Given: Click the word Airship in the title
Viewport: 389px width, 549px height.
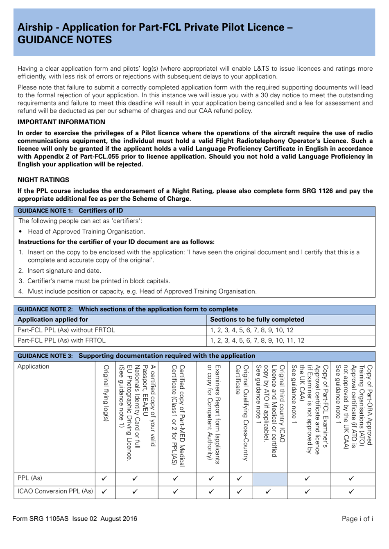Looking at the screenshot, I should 35,27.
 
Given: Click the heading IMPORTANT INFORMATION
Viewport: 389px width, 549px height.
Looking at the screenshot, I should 61,122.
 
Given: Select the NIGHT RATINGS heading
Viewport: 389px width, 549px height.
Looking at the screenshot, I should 43,180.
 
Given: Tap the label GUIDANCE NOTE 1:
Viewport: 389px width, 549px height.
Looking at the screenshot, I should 45,211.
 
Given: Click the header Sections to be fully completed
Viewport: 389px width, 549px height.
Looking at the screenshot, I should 257,320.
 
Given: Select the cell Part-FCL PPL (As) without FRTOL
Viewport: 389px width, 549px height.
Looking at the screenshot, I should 66,330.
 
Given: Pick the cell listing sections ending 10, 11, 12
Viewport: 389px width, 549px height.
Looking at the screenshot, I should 257,341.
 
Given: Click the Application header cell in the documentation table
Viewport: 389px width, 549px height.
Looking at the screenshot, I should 33,367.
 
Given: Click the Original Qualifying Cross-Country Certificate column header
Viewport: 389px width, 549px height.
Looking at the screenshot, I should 241,413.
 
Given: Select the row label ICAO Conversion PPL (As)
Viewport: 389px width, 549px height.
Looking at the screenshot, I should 55,491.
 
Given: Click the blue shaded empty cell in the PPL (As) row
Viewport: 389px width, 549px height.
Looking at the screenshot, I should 269,478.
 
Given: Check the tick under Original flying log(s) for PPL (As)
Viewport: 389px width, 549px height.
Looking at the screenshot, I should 104,478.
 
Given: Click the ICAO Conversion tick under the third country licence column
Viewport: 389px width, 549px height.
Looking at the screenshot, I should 268,492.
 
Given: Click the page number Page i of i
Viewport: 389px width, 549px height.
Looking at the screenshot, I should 357,519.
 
